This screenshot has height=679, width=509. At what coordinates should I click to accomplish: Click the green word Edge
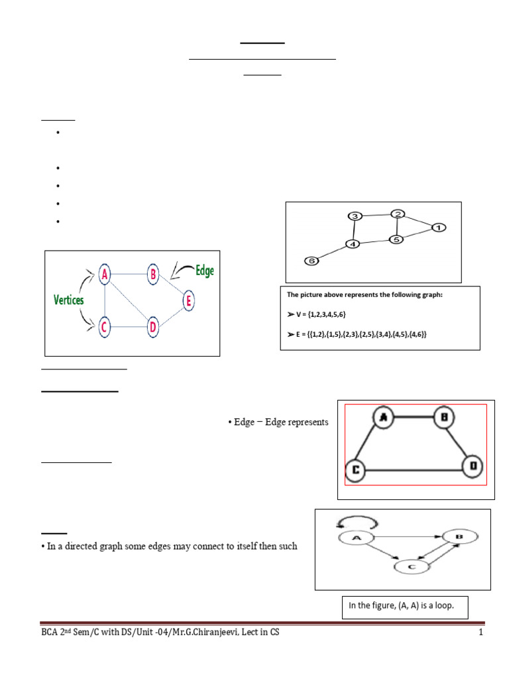204,271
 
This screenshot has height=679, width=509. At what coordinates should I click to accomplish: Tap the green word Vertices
68,300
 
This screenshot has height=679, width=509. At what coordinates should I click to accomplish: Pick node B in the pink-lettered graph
152,273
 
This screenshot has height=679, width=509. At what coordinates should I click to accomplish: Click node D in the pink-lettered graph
153,326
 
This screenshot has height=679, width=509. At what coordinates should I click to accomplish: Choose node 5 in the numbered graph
396,239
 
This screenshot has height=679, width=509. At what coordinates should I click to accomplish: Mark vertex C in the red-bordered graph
356,470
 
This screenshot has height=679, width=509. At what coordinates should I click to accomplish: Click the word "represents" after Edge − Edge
306,422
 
